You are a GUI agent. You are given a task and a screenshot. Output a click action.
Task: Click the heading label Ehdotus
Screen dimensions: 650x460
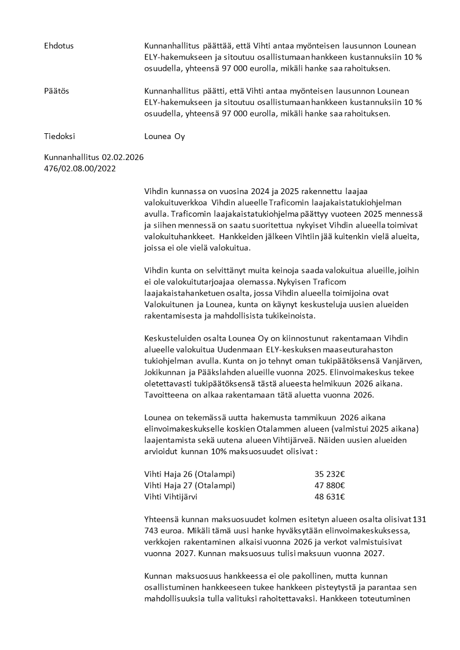click(59, 45)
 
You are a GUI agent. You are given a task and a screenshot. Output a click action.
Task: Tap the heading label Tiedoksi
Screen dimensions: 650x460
click(60, 137)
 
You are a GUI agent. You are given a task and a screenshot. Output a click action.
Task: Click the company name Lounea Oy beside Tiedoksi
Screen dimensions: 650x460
click(165, 137)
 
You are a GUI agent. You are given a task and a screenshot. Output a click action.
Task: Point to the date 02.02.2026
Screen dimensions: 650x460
click(123, 157)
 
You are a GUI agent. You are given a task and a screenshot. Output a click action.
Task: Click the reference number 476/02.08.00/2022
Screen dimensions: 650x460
click(80, 169)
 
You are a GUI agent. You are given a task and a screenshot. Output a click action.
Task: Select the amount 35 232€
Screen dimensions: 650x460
click(330, 473)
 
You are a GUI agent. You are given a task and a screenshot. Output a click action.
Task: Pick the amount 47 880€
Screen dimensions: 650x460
click(330, 485)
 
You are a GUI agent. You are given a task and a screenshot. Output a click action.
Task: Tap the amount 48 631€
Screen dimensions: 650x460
click(330, 496)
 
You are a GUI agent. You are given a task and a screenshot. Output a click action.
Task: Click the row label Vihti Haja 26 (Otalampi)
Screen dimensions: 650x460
click(189, 473)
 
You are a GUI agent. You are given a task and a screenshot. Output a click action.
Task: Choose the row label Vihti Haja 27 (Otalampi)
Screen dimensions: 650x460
click(189, 485)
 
